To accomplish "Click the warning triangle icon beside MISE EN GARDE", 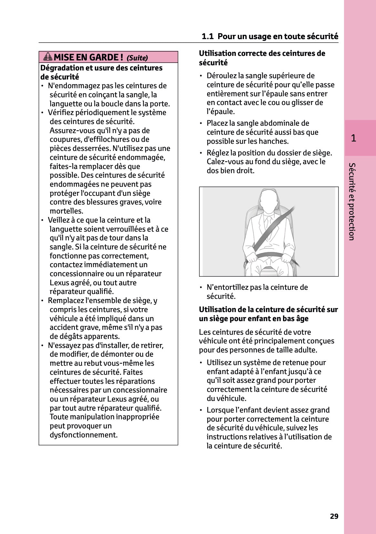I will pyautogui.click(x=48, y=57).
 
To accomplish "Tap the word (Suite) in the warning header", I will pyautogui.click(x=137, y=58).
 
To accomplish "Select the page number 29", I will pyautogui.click(x=334, y=516).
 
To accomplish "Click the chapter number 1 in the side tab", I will pyautogui.click(x=353, y=138).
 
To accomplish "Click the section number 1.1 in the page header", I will pyautogui.click(x=208, y=36).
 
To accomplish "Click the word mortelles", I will pyautogui.click(x=66, y=211).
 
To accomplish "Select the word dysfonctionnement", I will pyautogui.click(x=83, y=435).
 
